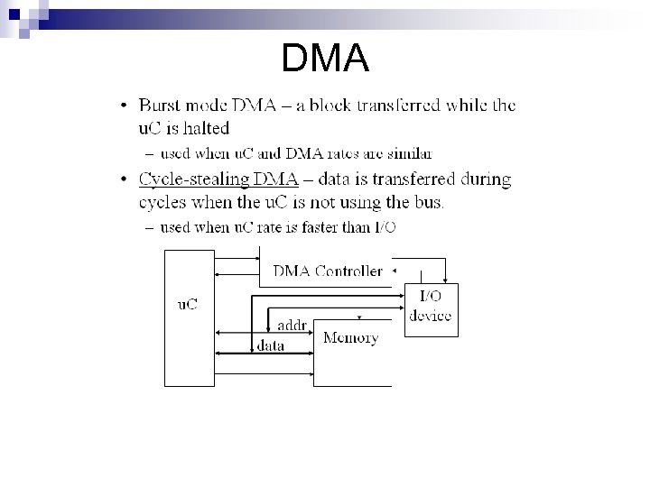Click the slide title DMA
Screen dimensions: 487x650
tap(325, 60)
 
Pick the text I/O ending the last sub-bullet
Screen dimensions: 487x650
tap(383, 227)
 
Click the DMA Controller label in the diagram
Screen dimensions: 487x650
tap(327, 271)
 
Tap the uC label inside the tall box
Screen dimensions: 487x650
tap(186, 304)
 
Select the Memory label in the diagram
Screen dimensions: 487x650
tap(350, 338)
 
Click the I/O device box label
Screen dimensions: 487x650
tap(430, 306)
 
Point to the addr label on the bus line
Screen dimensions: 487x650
tap(292, 324)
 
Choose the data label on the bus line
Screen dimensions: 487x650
tap(270, 345)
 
